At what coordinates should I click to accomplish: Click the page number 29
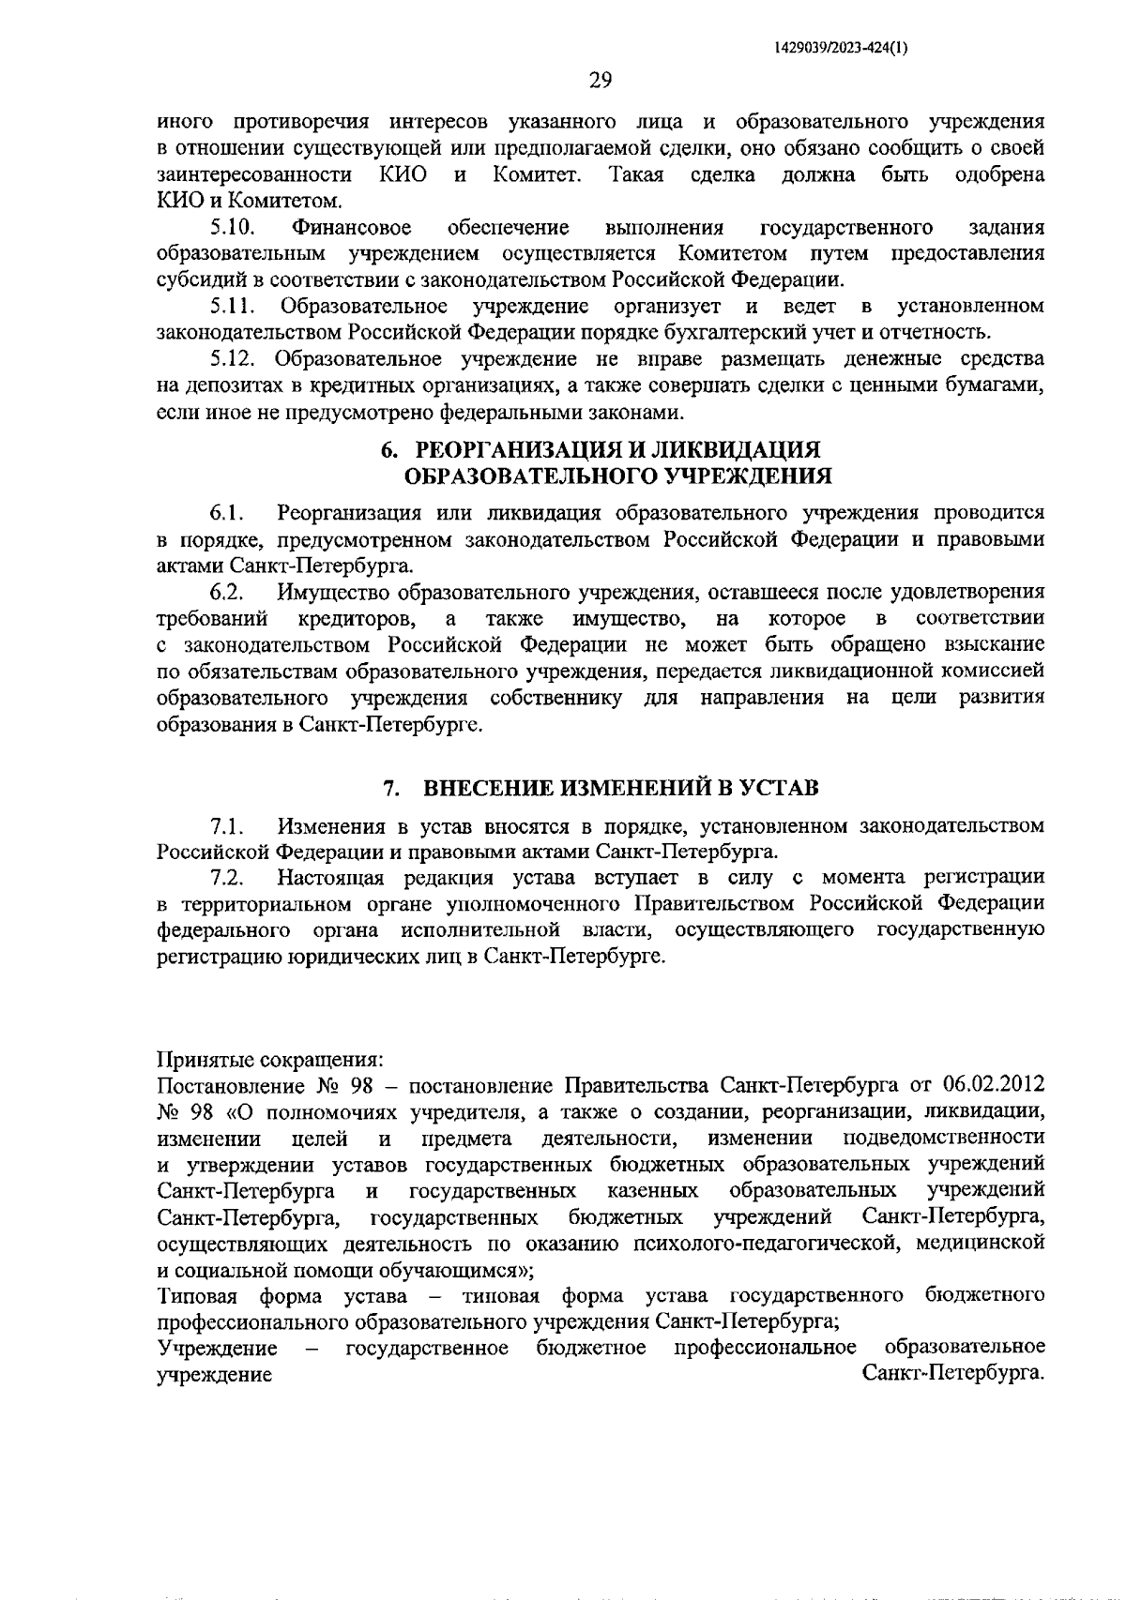click(601, 80)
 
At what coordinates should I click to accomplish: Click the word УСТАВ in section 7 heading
click(779, 788)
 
